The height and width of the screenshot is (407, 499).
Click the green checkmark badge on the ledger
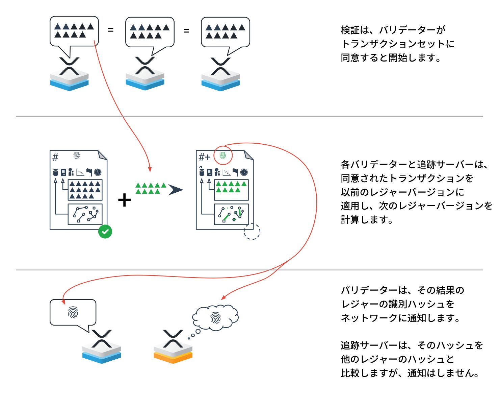(x=105, y=232)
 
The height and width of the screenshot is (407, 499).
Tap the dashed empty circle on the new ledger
(x=252, y=232)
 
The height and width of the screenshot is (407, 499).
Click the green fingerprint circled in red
(x=223, y=156)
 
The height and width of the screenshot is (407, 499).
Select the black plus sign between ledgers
(x=124, y=200)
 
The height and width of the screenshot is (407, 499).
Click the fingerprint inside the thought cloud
(x=215, y=318)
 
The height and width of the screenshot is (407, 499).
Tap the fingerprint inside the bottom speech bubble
(x=73, y=312)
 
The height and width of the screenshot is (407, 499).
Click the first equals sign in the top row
(x=110, y=30)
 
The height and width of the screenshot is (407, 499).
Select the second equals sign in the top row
(x=186, y=31)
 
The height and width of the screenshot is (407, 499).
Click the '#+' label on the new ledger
(x=204, y=157)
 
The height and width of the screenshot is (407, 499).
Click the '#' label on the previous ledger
(x=55, y=157)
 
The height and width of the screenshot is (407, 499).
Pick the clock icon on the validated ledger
(x=98, y=172)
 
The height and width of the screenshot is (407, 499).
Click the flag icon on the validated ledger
(x=89, y=172)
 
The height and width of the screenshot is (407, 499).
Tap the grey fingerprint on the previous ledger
(x=77, y=156)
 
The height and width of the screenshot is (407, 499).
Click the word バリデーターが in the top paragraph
(x=412, y=30)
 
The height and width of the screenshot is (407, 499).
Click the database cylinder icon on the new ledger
(x=202, y=172)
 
